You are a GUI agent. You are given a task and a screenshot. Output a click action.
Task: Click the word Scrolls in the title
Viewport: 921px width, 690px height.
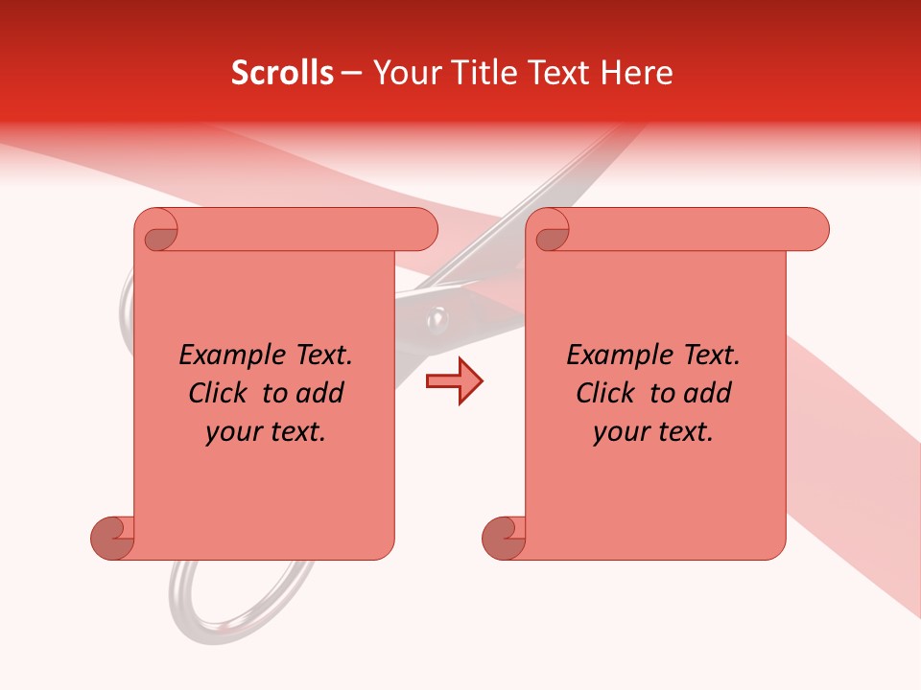[282, 73]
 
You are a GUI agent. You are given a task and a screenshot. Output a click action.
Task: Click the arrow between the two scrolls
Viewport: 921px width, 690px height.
[455, 381]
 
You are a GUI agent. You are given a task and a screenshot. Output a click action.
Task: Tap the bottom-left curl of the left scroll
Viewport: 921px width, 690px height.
[113, 537]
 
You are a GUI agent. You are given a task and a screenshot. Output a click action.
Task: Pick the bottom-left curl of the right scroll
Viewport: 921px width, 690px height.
[505, 537]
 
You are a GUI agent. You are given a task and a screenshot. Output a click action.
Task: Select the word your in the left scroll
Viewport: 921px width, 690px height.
[231, 432]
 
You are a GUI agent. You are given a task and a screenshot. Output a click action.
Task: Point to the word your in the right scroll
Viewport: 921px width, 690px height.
[619, 432]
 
